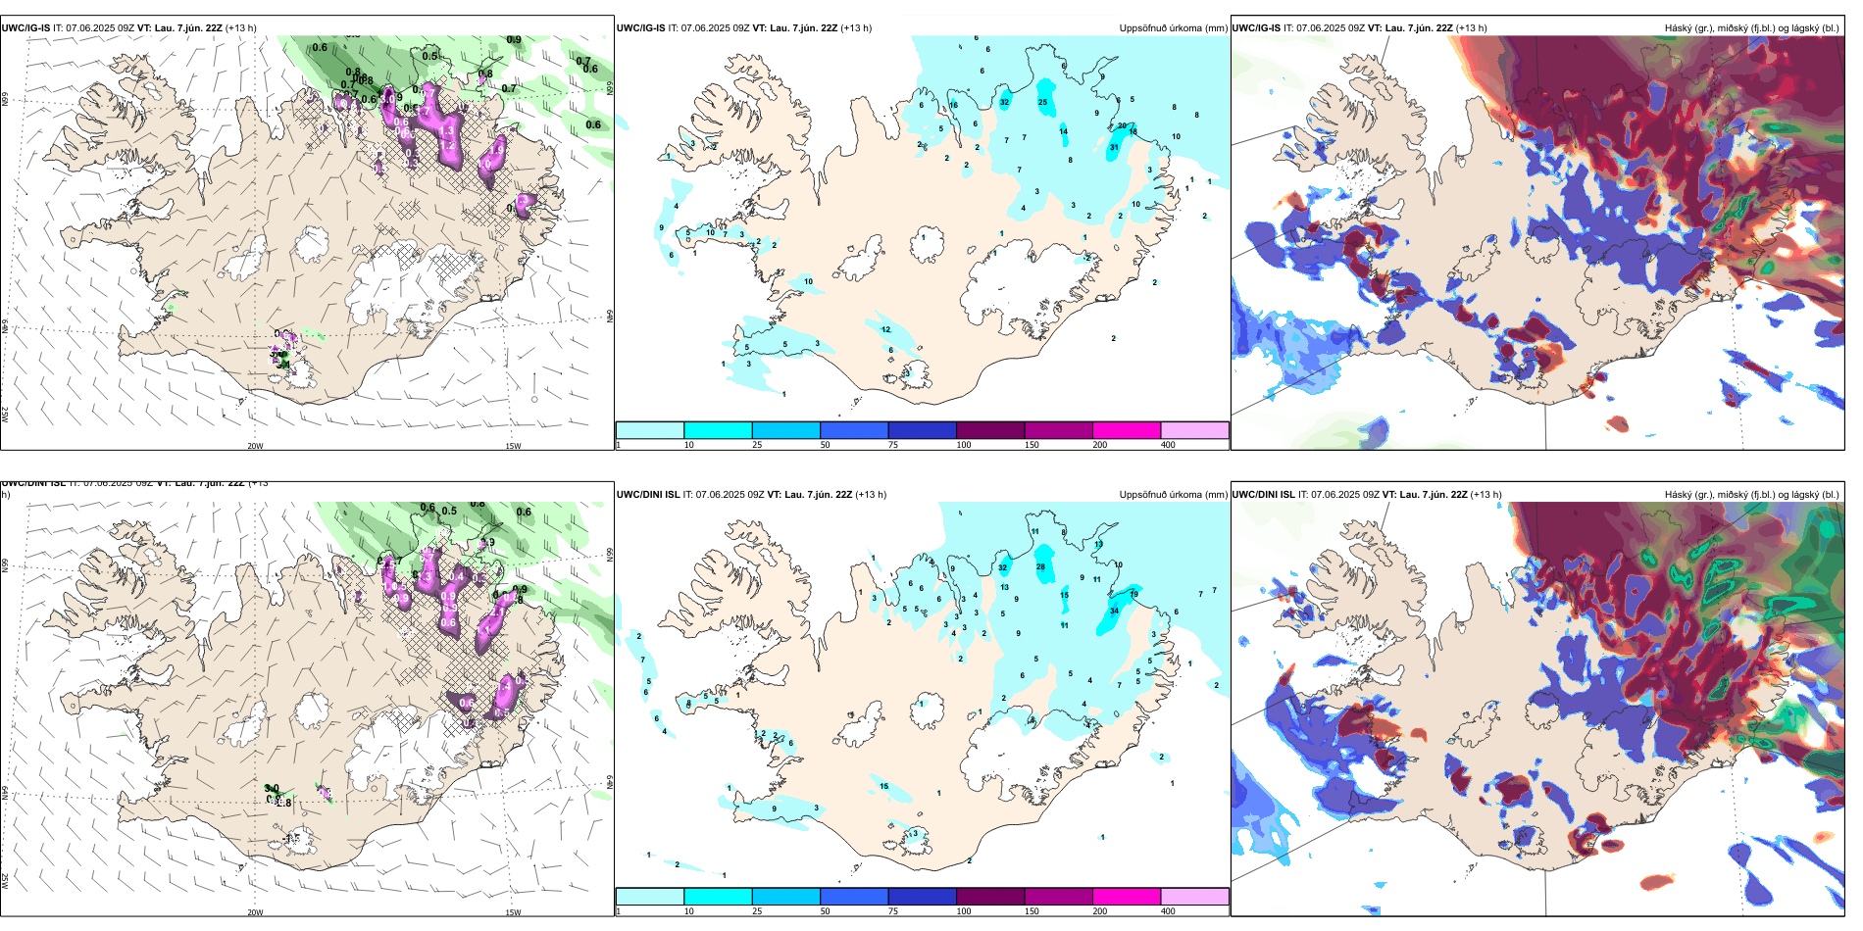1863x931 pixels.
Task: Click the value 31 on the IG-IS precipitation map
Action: click(x=1114, y=148)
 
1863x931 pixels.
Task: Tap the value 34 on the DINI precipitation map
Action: click(x=1114, y=611)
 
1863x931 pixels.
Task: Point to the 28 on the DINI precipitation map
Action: click(x=1041, y=566)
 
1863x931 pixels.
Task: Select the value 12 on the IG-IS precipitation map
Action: click(x=885, y=329)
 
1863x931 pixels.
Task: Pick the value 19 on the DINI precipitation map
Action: click(x=1134, y=594)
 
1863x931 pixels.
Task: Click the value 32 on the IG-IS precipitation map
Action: click(x=1004, y=102)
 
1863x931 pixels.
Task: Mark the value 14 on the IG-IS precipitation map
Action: click(x=1063, y=131)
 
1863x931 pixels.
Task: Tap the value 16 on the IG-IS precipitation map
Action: click(x=954, y=105)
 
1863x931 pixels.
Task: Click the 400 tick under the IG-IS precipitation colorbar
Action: click(x=1168, y=445)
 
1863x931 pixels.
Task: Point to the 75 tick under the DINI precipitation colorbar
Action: click(x=893, y=911)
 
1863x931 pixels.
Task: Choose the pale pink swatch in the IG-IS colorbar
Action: click(x=1194, y=430)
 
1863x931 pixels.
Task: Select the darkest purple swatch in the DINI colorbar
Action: click(x=990, y=897)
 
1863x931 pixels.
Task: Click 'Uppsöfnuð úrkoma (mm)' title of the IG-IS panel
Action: click(x=1173, y=28)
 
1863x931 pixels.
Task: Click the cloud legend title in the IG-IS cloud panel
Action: click(x=1751, y=28)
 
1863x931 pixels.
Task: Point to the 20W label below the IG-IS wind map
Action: click(x=255, y=446)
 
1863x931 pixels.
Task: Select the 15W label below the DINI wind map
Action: click(x=513, y=912)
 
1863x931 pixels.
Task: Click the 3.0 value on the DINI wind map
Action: click(x=272, y=788)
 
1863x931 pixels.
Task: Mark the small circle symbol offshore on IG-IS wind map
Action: click(x=534, y=399)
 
